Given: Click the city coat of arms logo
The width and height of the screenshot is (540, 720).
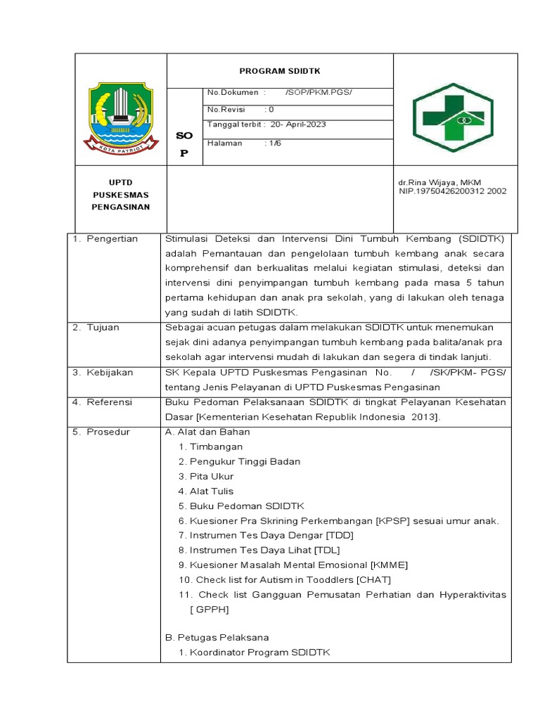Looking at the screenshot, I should point(120,117).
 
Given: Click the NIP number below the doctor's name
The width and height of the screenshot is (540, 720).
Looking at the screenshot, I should point(452,191).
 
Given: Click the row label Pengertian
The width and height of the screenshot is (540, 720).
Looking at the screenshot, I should point(112,239).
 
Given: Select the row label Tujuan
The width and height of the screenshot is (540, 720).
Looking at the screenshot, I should point(103,328).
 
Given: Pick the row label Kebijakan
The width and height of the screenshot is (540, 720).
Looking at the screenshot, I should point(110,372).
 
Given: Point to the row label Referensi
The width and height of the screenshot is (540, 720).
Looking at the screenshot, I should point(110,402).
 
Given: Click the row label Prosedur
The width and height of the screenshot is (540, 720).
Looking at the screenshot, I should point(109,432).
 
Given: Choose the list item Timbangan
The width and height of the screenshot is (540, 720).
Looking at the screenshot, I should point(216,446).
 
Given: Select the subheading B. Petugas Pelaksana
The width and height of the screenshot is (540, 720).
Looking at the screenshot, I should point(217,638).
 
